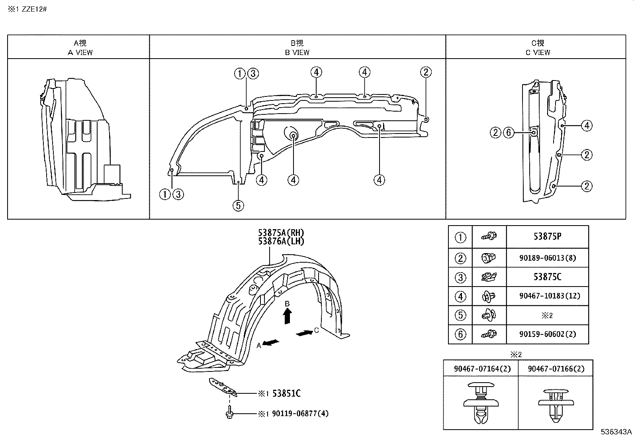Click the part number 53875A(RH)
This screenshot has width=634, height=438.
pos(281,233)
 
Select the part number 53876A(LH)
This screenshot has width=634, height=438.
pos(281,241)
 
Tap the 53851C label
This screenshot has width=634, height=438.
pos(286,393)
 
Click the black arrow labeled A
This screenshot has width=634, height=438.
pos(271,343)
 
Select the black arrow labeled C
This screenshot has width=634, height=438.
pos(304,332)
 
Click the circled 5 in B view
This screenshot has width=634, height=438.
pos(238,206)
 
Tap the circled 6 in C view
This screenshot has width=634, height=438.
pos(509,132)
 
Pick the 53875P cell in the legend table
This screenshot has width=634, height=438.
pos(547,236)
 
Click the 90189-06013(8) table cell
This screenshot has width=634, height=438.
pos(547,258)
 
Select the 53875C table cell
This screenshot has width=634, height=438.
pos(547,277)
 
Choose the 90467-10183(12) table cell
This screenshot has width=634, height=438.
pos(547,296)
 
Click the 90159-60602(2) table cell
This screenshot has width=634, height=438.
pos(547,334)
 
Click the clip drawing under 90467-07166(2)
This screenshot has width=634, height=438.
pos(556,403)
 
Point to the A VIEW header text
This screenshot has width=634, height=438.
pos(80,52)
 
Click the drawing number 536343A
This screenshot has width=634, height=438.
pos(616,432)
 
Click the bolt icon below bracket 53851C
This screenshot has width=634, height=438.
pos(229,413)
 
